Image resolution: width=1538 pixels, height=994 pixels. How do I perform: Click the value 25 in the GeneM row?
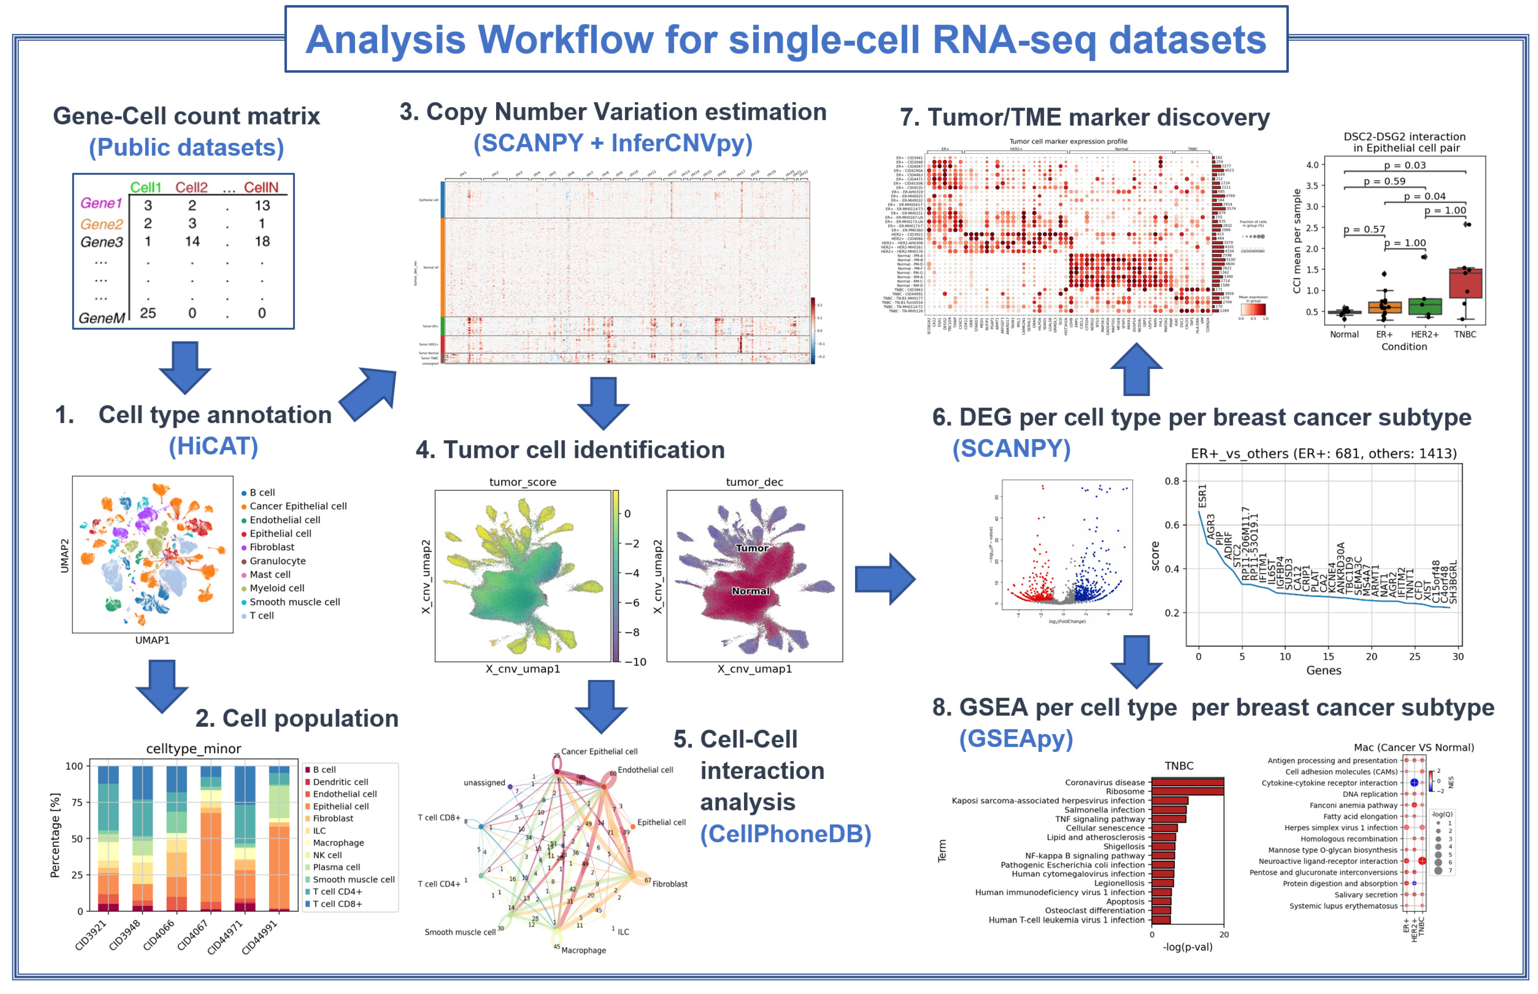[x=148, y=313]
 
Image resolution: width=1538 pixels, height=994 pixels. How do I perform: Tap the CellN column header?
[x=261, y=187]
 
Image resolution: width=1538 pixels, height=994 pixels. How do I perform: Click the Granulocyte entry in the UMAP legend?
[x=277, y=561]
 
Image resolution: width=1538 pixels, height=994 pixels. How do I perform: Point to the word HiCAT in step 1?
[x=214, y=446]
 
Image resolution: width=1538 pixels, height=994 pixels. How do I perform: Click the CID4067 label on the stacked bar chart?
[x=192, y=934]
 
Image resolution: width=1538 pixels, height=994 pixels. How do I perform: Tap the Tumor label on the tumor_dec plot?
[x=752, y=548]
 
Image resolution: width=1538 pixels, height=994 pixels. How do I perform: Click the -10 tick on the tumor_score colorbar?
[x=634, y=662]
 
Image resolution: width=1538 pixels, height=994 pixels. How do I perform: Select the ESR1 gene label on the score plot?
[x=1202, y=496]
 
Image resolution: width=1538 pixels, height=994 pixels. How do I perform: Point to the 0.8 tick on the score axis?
[x=1172, y=481]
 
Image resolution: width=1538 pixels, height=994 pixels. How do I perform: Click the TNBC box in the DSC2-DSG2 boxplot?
[x=1465, y=283]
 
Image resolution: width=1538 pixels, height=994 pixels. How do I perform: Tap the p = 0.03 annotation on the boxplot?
[x=1404, y=165]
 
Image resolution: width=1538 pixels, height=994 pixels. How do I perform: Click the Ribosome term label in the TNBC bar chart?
[x=1125, y=791]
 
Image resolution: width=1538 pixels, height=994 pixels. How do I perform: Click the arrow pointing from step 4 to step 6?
[x=884, y=578]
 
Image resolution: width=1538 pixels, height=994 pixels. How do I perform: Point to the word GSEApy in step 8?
[x=1016, y=738]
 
